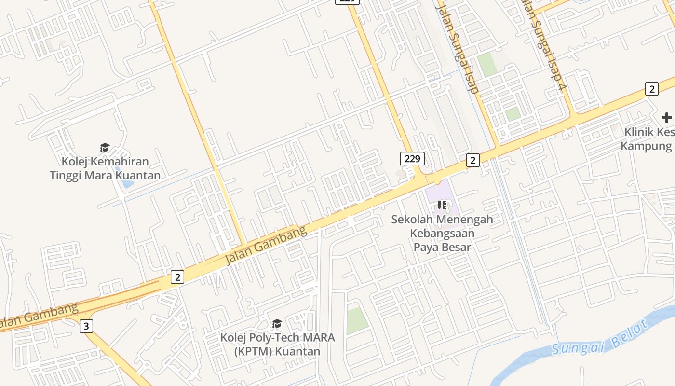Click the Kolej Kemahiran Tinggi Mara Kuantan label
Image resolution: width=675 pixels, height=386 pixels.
click(105, 168)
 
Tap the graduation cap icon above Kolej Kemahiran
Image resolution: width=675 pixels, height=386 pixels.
click(105, 148)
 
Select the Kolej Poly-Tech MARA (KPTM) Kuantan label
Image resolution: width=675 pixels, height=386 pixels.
click(277, 344)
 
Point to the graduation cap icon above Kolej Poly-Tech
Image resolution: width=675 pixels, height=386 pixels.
click(277, 323)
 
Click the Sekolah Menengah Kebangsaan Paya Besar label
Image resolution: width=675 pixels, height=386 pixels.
click(442, 233)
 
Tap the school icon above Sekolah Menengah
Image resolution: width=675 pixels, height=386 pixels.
click(442, 205)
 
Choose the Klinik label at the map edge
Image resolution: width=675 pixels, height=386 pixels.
click(647, 139)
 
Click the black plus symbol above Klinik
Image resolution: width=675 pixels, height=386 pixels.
click(666, 118)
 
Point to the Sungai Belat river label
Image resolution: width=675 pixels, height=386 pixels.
click(600, 340)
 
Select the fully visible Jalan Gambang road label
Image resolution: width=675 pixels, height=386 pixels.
click(266, 245)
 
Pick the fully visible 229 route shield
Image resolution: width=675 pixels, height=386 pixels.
click(412, 158)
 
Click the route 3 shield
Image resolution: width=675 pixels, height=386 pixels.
click(86, 326)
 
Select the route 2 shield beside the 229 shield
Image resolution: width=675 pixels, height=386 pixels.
click(472, 160)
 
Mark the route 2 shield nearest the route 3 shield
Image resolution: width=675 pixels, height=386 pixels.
click(177, 277)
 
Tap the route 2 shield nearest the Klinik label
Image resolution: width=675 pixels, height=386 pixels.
click(651, 89)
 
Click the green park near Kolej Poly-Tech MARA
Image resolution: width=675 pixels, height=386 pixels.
click(357, 320)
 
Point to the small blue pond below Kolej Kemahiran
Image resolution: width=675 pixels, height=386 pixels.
click(127, 183)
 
